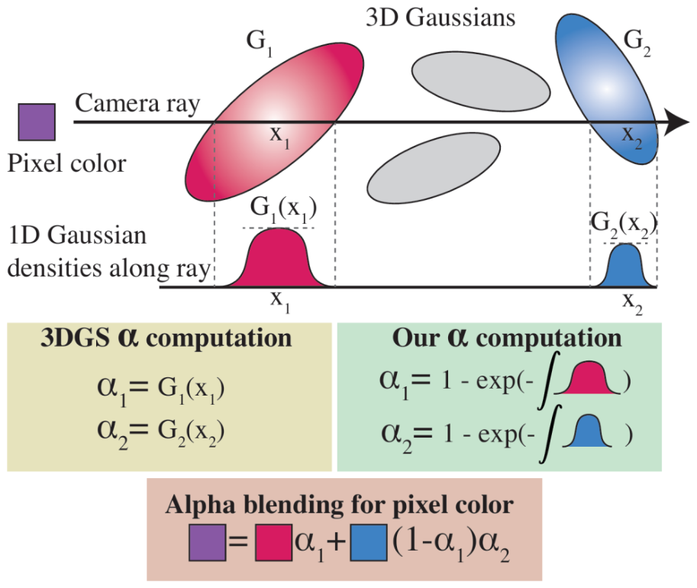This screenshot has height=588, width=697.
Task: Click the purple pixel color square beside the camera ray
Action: click(x=37, y=122)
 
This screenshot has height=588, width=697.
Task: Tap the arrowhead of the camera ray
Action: click(x=676, y=122)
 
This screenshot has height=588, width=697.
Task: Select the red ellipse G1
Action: click(x=274, y=122)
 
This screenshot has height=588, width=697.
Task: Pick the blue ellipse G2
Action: click(x=607, y=89)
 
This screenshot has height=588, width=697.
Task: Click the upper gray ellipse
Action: click(x=481, y=81)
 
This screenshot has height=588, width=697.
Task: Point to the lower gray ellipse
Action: click(x=434, y=169)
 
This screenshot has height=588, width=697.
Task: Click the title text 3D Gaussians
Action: click(x=440, y=18)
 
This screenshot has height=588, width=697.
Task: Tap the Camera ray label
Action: click(x=137, y=104)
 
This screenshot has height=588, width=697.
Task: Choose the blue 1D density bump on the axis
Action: click(x=626, y=266)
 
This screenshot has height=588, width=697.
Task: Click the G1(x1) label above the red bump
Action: click(x=283, y=209)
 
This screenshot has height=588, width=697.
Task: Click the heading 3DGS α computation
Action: click(x=166, y=338)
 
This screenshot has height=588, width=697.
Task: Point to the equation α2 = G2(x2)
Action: click(x=160, y=432)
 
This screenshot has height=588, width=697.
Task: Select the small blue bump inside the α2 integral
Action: click(x=587, y=431)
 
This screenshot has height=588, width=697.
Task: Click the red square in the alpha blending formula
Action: click(x=273, y=543)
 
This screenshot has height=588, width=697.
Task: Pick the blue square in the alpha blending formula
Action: click(x=369, y=543)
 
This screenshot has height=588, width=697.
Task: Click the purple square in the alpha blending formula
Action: click(x=207, y=543)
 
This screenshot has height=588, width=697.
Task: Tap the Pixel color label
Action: click(x=67, y=163)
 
